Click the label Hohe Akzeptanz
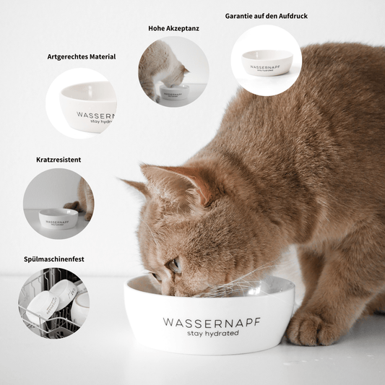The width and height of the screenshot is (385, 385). [174, 28]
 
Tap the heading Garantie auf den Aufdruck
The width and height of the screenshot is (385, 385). [267, 15]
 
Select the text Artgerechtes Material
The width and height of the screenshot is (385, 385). [81, 56]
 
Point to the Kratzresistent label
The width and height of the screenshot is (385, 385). [58, 159]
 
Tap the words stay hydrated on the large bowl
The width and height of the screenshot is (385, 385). [212, 333]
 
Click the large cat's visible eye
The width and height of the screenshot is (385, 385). [175, 265]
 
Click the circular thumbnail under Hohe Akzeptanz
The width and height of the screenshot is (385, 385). [173, 72]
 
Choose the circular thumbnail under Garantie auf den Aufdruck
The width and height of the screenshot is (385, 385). [267, 60]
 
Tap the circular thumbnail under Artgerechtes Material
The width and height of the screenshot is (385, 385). [81, 103]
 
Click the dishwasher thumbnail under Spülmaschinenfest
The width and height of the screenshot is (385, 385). [54, 302]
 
